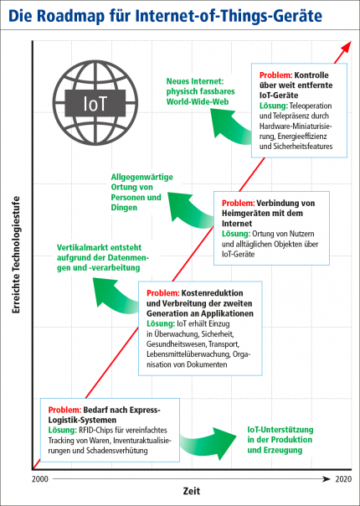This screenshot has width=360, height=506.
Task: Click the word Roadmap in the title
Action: pos(70,16)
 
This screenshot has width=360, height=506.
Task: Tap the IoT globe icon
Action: pos(95,102)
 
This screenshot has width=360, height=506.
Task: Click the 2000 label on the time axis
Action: pos(40,479)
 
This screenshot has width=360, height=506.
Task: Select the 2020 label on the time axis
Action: pos(343,479)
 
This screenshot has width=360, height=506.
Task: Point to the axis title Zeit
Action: pos(192,491)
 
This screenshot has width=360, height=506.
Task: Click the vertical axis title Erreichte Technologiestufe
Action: pos(16,255)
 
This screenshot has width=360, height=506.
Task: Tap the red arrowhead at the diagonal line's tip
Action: pos(346,46)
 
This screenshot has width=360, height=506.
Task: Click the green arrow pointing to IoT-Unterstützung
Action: pos(209,443)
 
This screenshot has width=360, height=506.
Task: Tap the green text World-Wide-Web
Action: pos(198,101)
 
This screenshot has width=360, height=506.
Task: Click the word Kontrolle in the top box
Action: pos(311,75)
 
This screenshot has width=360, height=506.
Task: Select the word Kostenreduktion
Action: pos(213,293)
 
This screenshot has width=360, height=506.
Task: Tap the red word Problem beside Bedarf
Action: pos(64,410)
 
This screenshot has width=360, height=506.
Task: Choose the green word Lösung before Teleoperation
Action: pos(274,106)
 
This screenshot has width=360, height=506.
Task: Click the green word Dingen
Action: pos(124,208)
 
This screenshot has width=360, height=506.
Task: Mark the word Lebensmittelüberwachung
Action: pos(188,354)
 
